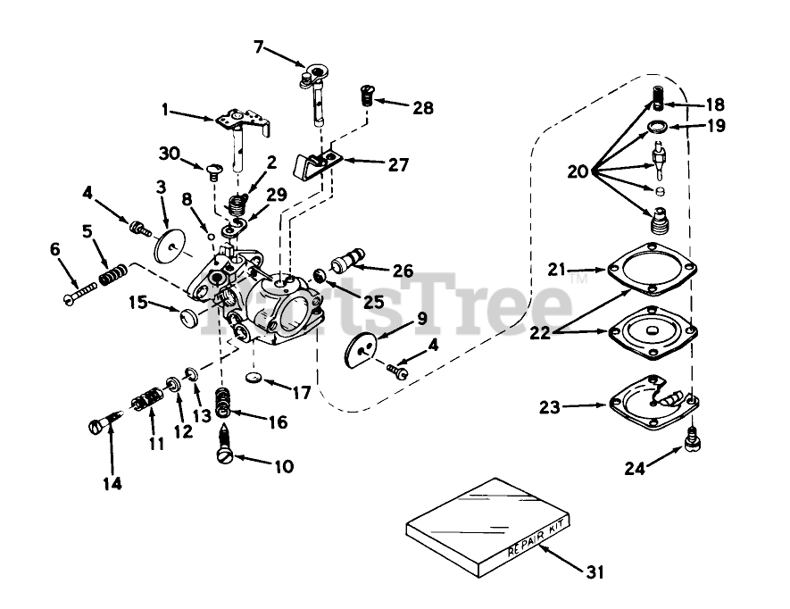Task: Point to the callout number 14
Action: click(x=113, y=484)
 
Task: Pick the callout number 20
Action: click(x=576, y=171)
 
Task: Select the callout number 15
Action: click(x=138, y=304)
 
